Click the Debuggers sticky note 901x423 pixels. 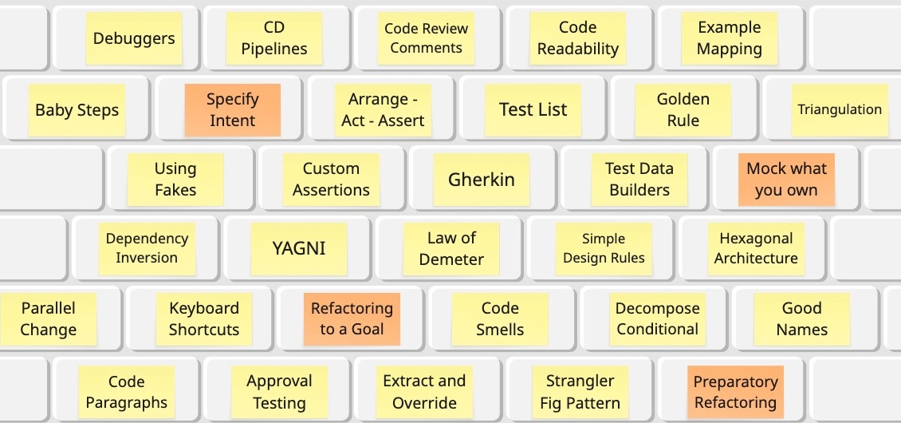click(x=134, y=38)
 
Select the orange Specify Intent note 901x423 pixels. click(x=232, y=110)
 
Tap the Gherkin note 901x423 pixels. click(x=482, y=180)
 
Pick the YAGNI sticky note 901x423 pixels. click(x=299, y=247)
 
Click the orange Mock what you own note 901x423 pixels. click(x=786, y=180)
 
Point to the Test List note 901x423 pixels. click(x=533, y=110)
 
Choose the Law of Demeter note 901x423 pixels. click(x=451, y=248)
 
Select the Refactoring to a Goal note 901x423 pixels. click(x=352, y=318)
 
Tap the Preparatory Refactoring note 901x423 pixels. click(x=735, y=392)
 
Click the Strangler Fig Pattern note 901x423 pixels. click(x=580, y=392)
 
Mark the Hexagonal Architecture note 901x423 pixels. click(x=756, y=248)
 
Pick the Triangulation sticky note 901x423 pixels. click(x=840, y=110)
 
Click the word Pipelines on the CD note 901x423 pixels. click(x=274, y=49)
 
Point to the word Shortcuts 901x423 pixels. click(x=204, y=330)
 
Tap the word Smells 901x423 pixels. click(x=500, y=330)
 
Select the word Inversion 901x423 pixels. click(x=147, y=258)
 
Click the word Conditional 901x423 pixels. click(x=658, y=329)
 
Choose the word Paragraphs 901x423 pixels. click(x=127, y=402)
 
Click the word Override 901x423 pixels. click(x=424, y=402)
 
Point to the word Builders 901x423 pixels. click(x=639, y=190)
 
